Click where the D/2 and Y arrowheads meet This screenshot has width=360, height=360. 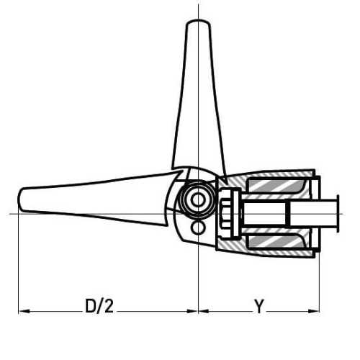click(197, 311)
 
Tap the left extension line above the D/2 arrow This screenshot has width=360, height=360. click(18, 266)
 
